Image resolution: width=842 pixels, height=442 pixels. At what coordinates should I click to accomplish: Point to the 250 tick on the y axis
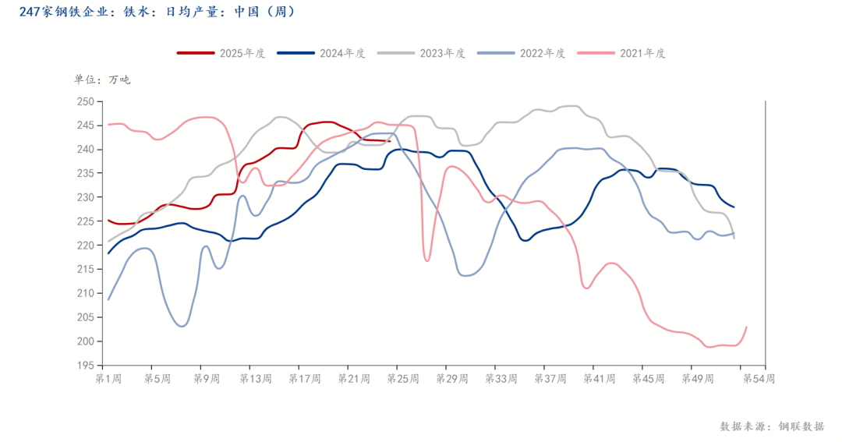coord(85,101)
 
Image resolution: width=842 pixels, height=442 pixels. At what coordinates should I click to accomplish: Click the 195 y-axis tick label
coord(85,365)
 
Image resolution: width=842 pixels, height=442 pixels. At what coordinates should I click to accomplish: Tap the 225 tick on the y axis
coord(85,221)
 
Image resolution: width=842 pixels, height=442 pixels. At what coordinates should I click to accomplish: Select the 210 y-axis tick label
coord(85,293)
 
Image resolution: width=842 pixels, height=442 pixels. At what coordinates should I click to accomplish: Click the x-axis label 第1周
coord(108,379)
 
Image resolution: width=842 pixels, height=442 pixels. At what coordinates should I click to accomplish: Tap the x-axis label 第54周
coord(759,379)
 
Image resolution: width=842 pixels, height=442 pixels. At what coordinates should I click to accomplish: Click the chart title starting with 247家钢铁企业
coord(157,12)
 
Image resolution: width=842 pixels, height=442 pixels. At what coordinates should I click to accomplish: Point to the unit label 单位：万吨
coord(102,80)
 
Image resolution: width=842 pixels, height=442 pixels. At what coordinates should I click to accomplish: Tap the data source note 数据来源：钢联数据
coord(771,426)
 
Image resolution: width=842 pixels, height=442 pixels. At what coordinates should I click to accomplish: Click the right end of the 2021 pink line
coord(747,327)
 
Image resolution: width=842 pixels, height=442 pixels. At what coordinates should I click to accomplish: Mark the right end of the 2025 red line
coord(390,141)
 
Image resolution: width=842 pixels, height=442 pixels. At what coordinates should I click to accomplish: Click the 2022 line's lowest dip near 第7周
coord(182,326)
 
